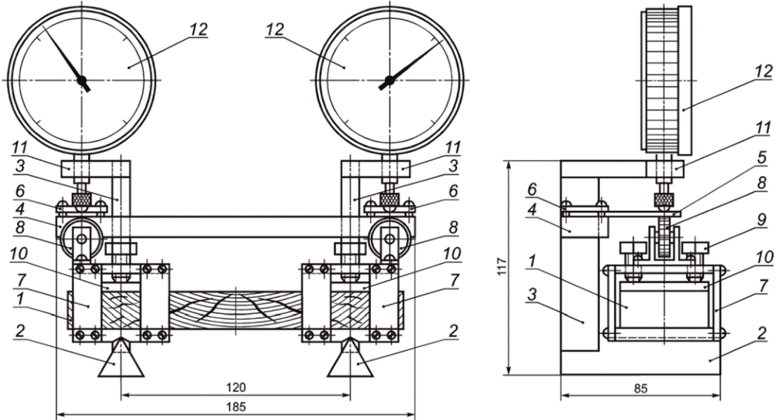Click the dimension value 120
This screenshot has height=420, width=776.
coord(236,387)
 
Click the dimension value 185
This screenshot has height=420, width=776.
coord(236,407)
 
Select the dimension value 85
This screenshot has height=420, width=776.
coord(640,389)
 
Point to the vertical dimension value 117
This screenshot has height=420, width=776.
coord(501,267)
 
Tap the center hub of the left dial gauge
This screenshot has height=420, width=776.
coord(82,79)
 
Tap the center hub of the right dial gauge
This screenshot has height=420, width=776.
coord(389,79)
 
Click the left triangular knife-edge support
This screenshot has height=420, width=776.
coord(121,358)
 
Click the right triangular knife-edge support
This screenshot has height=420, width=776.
coord(351,358)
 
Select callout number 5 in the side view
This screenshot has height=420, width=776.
coord(763,158)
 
